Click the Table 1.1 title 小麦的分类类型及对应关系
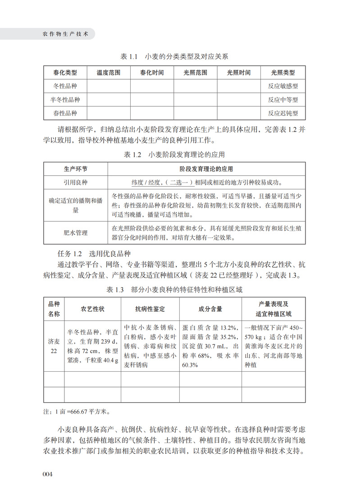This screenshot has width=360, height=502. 175,57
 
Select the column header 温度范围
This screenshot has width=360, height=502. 109,73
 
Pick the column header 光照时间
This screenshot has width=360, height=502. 239,73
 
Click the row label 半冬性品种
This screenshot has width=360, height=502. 65,100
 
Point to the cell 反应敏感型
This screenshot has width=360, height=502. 283,86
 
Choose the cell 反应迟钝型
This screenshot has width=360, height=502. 283,113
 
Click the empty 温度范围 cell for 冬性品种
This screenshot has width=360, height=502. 109,86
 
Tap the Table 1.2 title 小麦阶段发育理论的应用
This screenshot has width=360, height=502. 174,155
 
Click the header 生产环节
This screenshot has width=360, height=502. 75,169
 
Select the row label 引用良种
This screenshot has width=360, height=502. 75,183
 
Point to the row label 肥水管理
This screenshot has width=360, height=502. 75,233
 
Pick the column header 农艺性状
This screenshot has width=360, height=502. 92,309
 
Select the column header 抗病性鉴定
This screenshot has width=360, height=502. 150,309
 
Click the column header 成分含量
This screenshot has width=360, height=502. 210,309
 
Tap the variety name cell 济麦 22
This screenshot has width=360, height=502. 54,345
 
